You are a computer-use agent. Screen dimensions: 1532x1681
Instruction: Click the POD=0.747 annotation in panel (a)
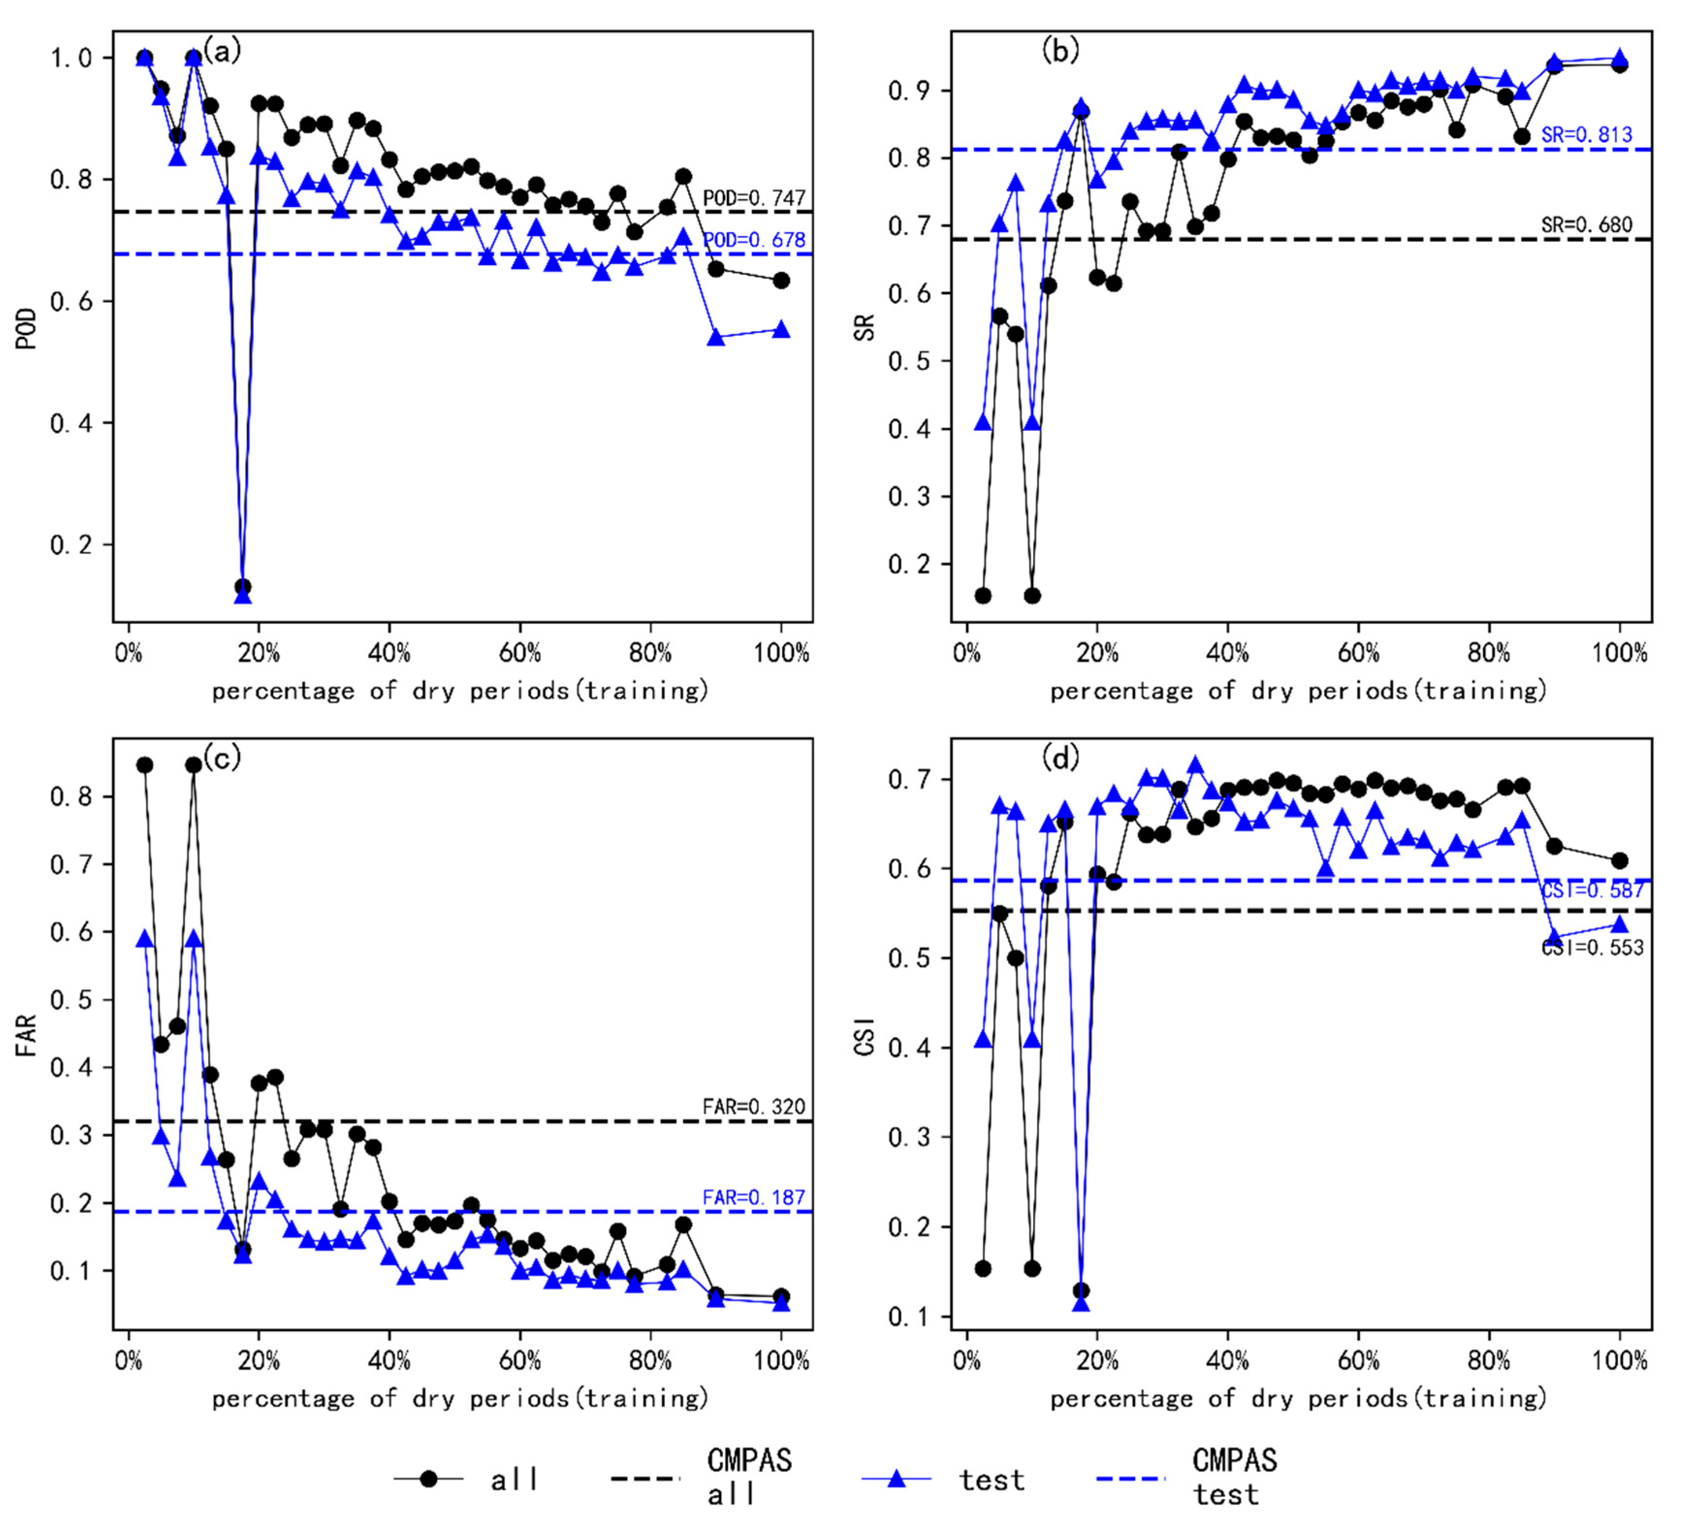click(x=754, y=198)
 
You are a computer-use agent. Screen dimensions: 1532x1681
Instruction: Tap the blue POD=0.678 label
click(x=754, y=240)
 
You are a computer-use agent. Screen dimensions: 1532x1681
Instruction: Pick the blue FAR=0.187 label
click(x=754, y=1198)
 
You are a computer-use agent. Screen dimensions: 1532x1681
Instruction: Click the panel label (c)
click(x=222, y=757)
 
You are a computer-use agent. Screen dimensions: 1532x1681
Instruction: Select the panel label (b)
click(x=1060, y=51)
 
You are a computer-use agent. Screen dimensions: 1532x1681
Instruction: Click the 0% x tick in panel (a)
click(x=128, y=653)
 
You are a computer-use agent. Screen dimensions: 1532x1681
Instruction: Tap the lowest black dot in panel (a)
click(x=243, y=586)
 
